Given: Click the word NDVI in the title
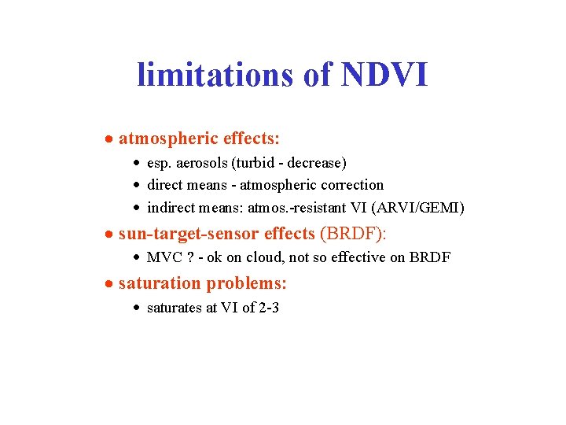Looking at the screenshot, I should (x=385, y=76).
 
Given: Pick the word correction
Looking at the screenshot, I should (x=354, y=186).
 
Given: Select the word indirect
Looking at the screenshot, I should (x=172, y=209).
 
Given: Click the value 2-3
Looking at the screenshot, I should (x=269, y=309).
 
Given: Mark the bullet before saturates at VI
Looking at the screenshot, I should (x=138, y=309).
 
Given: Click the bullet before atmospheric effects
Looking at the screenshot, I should (x=111, y=139).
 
